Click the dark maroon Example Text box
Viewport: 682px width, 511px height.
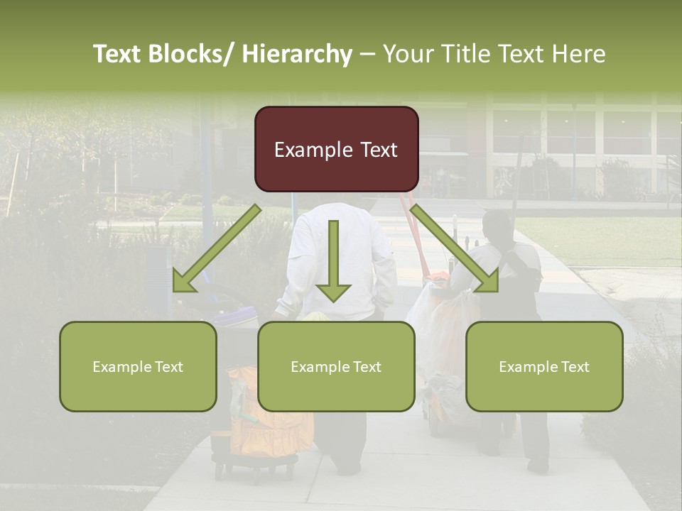[336, 149]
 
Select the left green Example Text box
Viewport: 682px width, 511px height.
[138, 366]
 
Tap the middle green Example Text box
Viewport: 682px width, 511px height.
[336, 366]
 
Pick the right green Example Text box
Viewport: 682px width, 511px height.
[544, 366]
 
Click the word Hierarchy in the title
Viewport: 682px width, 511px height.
[297, 54]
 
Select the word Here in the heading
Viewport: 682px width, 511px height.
[578, 54]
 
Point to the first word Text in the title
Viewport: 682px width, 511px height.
[118, 54]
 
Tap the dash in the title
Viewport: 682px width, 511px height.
[367, 54]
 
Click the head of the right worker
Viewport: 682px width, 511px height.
[497, 226]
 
